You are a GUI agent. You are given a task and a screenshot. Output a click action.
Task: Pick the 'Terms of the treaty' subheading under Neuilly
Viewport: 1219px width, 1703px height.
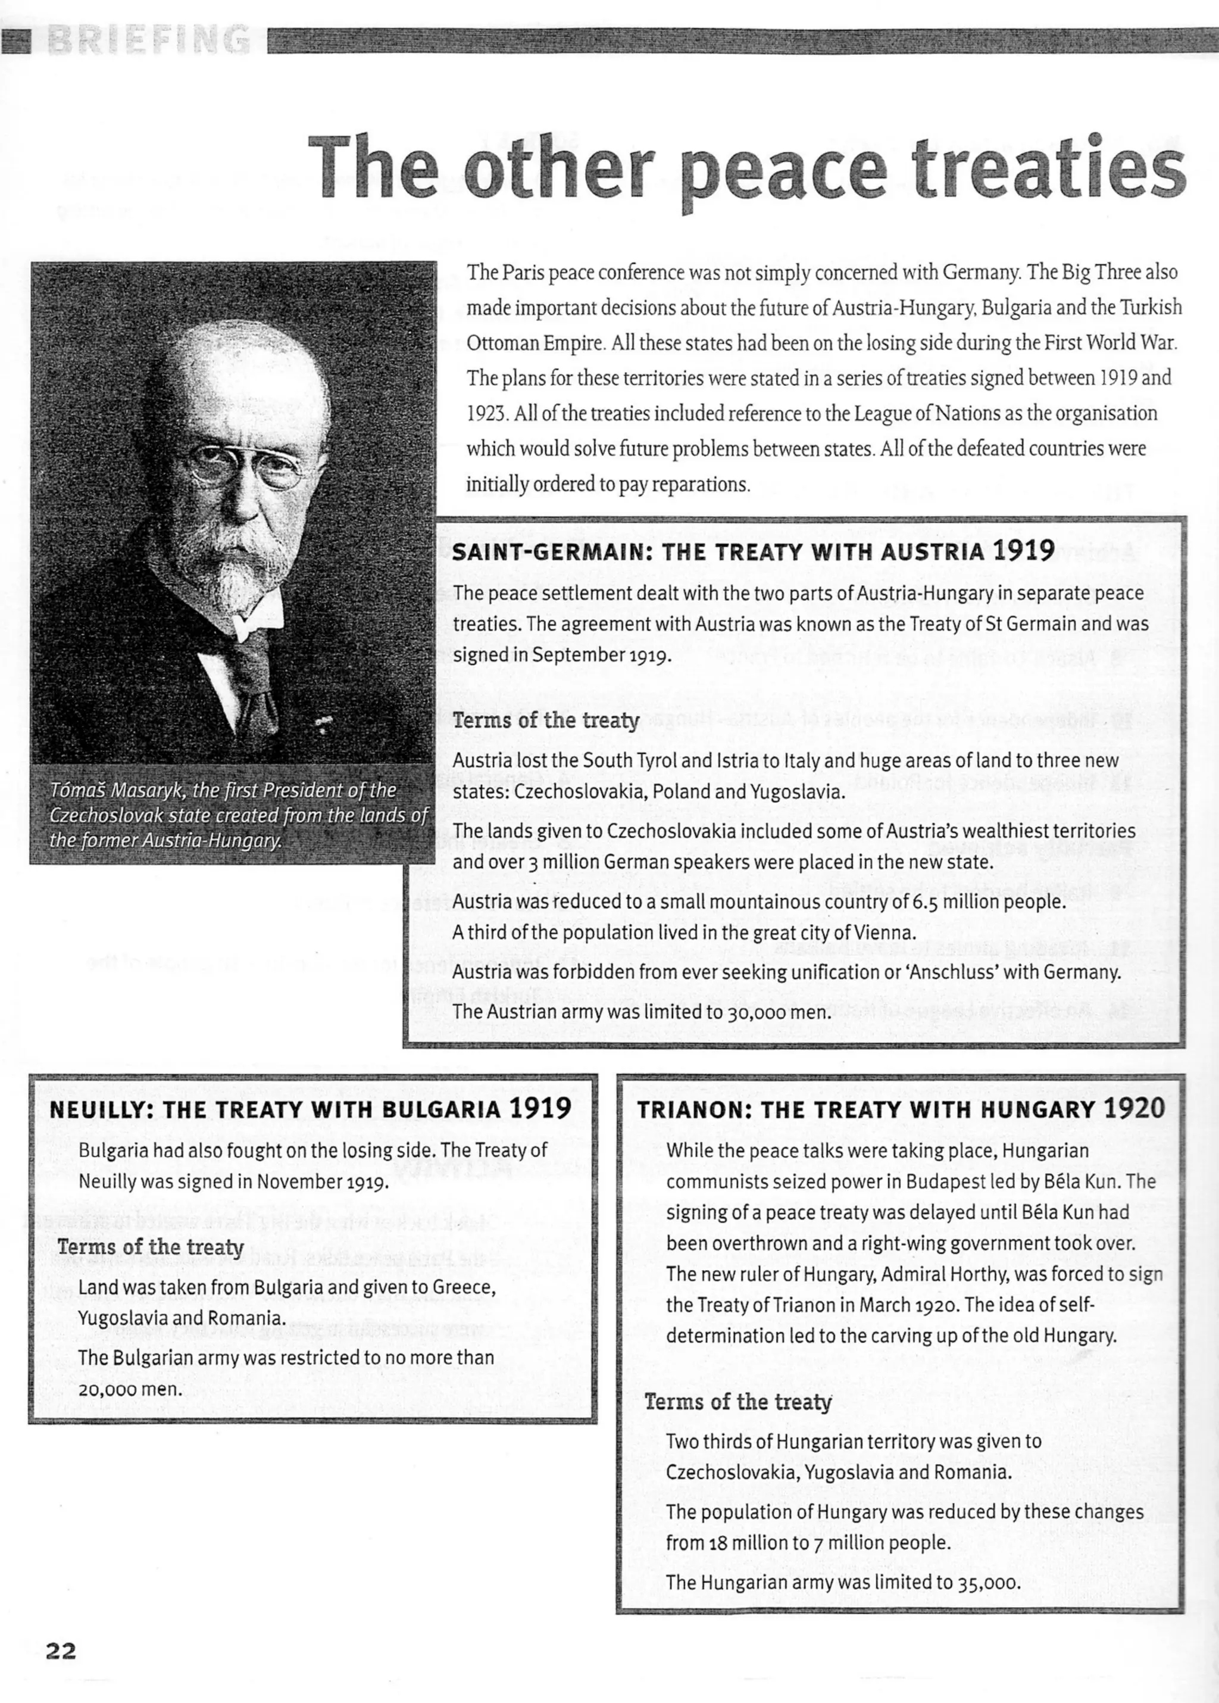[150, 1247]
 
